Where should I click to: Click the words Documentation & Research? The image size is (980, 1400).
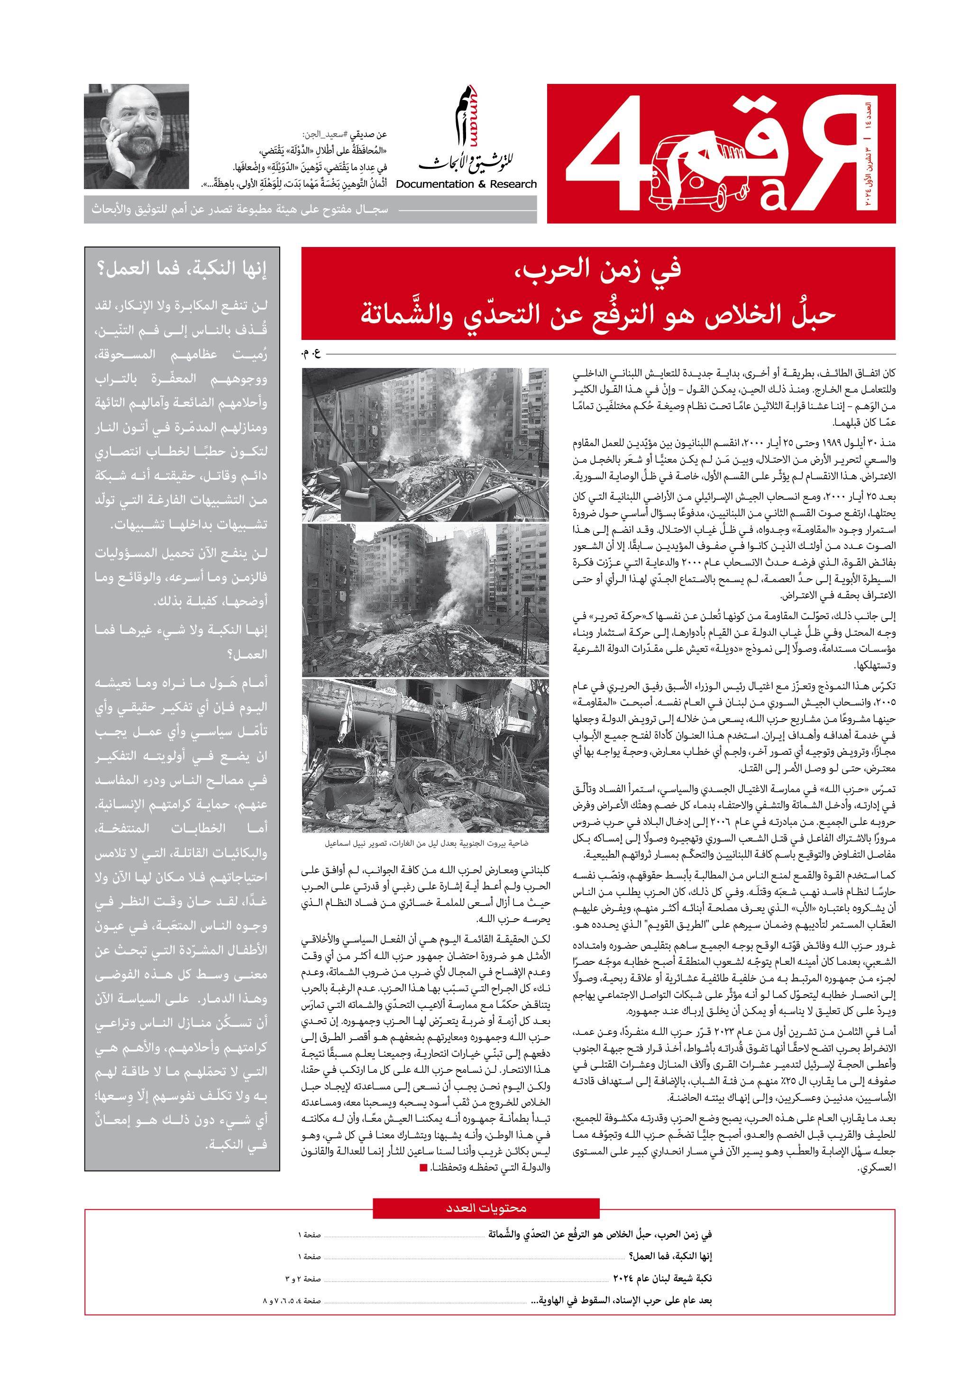coord(466,184)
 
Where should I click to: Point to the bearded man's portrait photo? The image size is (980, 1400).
coord(137,137)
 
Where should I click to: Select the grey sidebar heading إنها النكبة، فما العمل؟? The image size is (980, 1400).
coord(182,268)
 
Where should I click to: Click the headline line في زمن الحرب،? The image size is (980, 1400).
coord(598,269)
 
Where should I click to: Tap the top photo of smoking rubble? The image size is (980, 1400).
coord(425,444)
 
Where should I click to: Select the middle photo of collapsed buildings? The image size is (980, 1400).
coord(425,600)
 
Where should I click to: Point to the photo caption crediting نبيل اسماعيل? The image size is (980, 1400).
coord(426,843)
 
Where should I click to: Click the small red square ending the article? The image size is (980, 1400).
coord(424,1168)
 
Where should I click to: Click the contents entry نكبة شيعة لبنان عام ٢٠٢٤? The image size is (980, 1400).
coord(662,1278)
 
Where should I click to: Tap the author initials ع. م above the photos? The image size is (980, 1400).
coord(311,352)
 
